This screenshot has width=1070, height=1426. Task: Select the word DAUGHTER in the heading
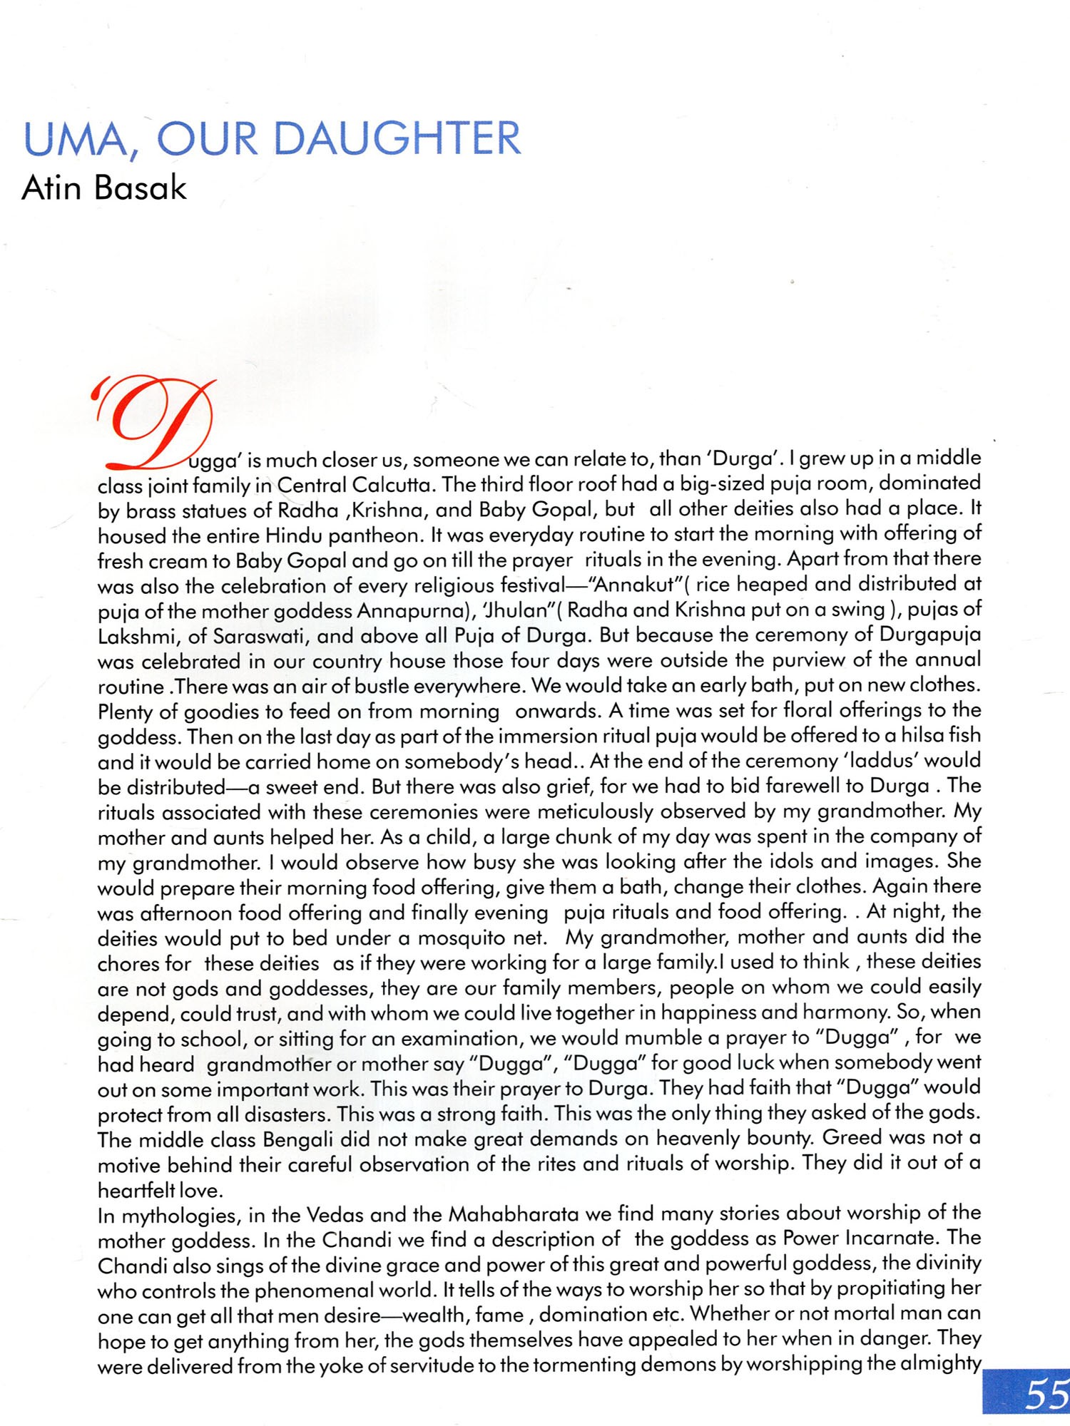point(397,139)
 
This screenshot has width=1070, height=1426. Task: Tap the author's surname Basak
point(140,188)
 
